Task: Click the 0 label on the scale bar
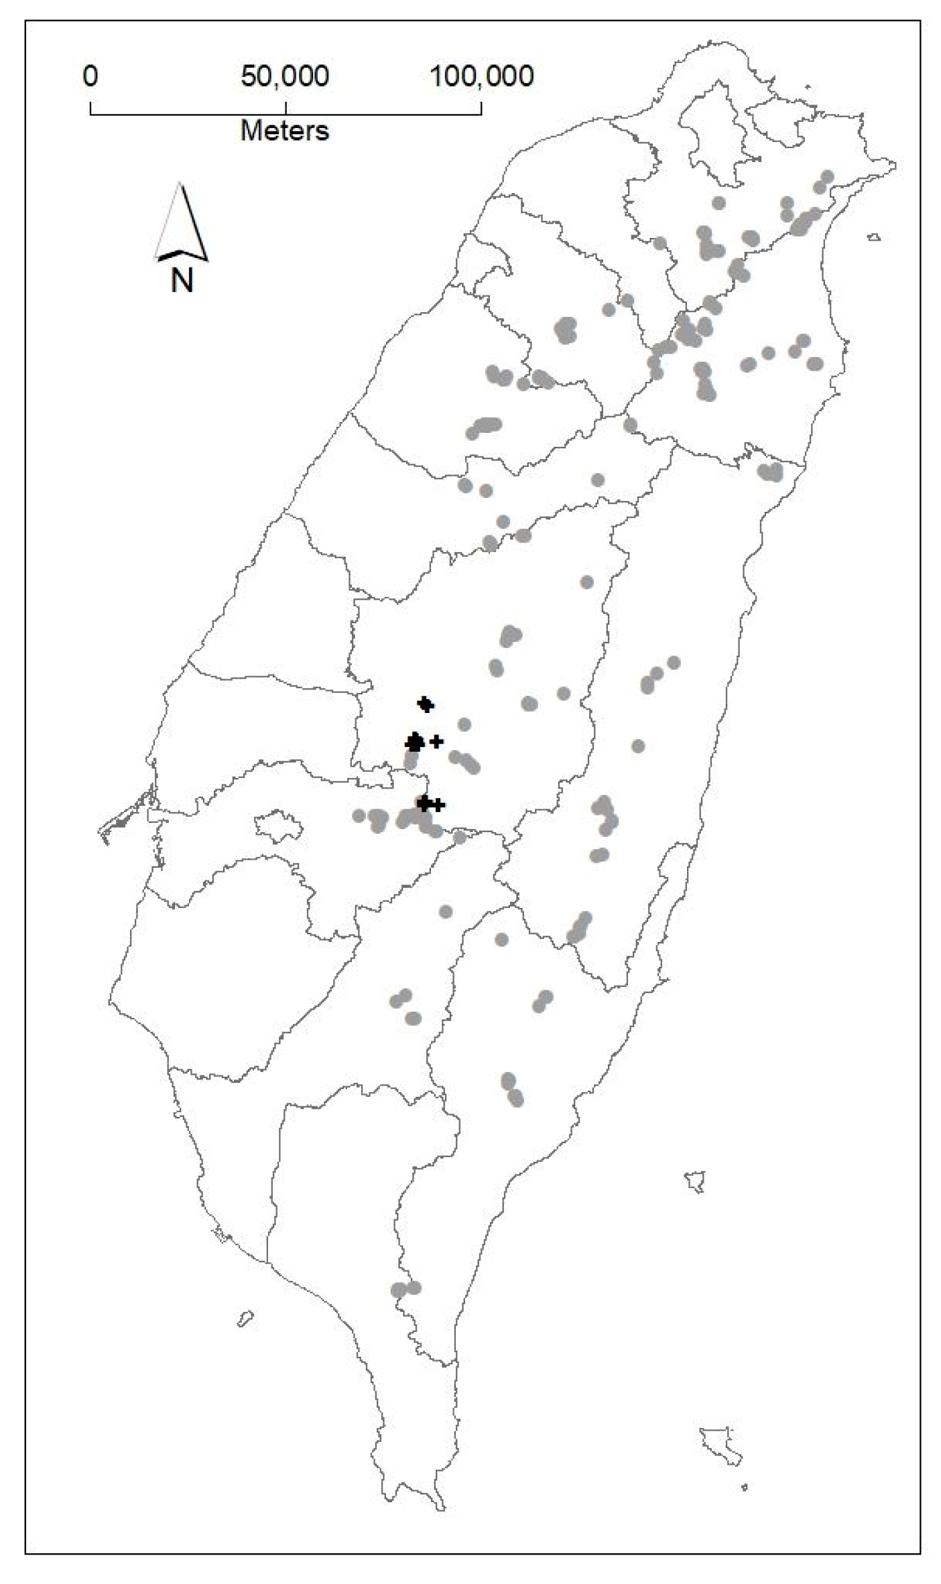90,76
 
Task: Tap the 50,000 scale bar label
285,76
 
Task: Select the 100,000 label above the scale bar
481,76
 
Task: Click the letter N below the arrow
182,280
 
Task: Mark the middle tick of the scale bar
286,109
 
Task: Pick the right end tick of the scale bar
481,109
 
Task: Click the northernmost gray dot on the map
827,176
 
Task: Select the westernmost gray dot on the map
359,815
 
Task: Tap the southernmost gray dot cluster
405,1289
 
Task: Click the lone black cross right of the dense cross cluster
436,741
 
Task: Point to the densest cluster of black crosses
415,742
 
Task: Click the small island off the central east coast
695,1181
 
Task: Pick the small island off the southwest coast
245,1319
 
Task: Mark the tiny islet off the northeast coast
873,237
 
